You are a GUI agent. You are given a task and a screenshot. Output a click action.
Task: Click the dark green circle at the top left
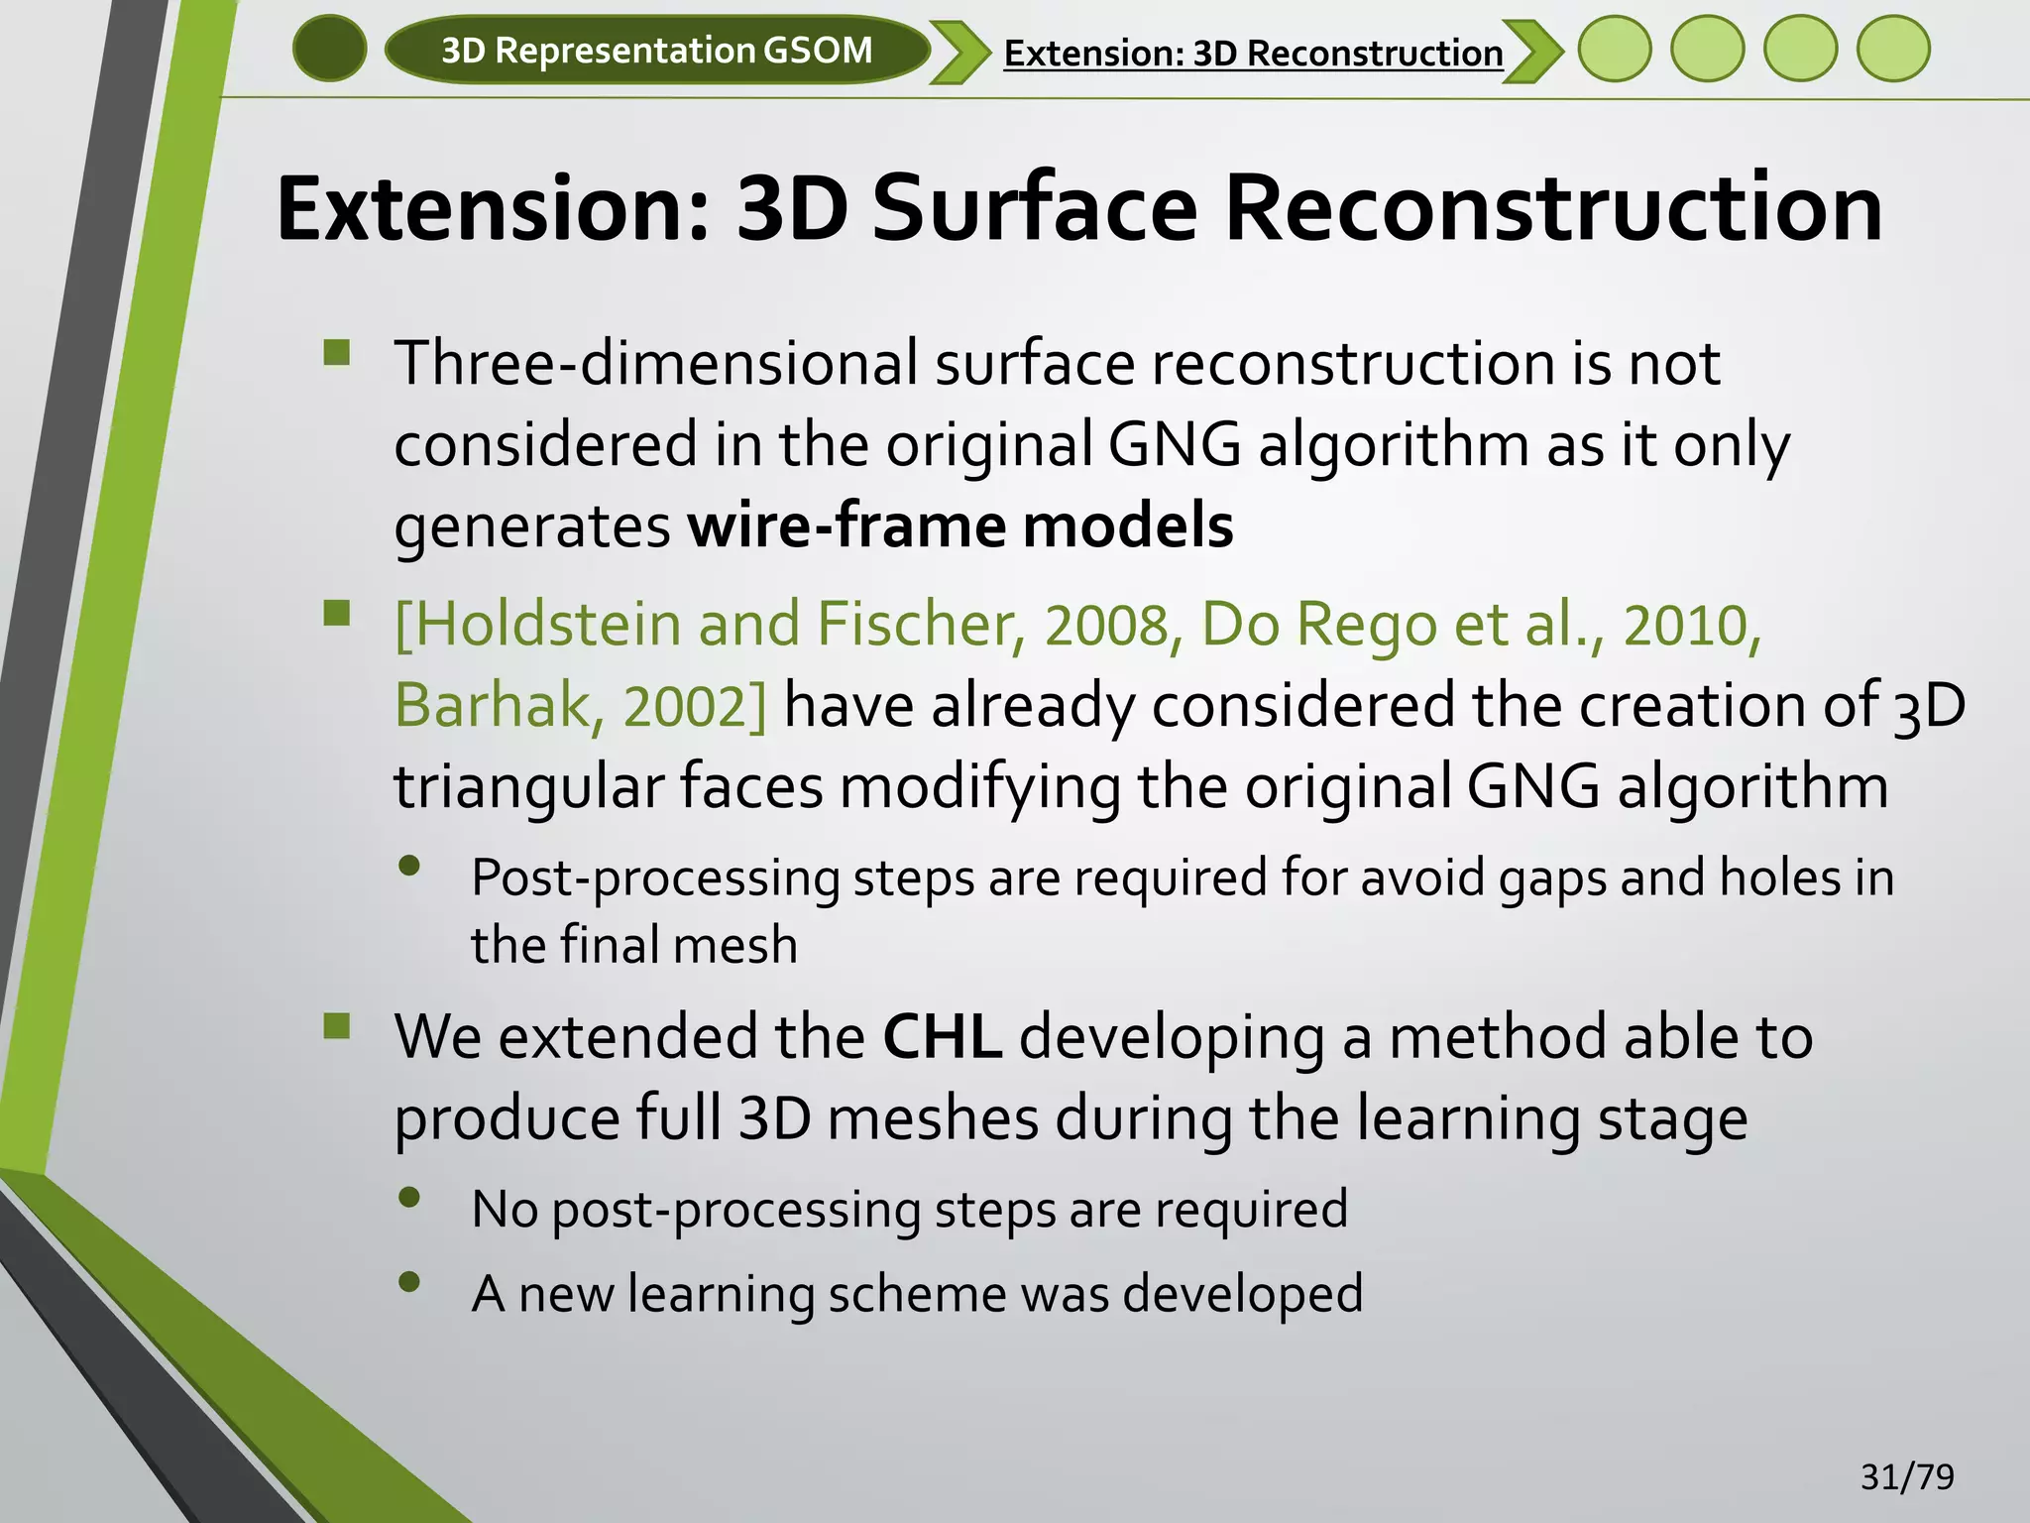tap(330, 49)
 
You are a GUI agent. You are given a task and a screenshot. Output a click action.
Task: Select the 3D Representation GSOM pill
tap(656, 50)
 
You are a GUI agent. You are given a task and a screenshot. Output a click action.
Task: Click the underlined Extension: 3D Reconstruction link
tap(1253, 53)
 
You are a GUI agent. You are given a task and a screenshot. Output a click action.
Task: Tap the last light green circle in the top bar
tap(1893, 49)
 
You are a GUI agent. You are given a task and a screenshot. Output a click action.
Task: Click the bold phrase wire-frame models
tap(960, 526)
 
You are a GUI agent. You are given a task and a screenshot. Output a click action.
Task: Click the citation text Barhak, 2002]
tap(581, 706)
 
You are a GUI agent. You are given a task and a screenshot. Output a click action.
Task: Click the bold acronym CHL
tap(942, 1037)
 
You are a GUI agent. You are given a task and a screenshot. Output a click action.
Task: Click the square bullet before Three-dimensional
tap(337, 353)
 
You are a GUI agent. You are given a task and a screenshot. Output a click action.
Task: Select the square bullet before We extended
tap(337, 1025)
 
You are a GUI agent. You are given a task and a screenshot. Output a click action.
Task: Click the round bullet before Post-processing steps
tap(409, 867)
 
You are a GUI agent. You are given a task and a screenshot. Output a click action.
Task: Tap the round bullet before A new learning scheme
tap(409, 1282)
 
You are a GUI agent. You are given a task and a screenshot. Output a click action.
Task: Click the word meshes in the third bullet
tap(932, 1118)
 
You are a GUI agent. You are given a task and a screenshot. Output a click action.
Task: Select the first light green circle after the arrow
tap(1615, 49)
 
